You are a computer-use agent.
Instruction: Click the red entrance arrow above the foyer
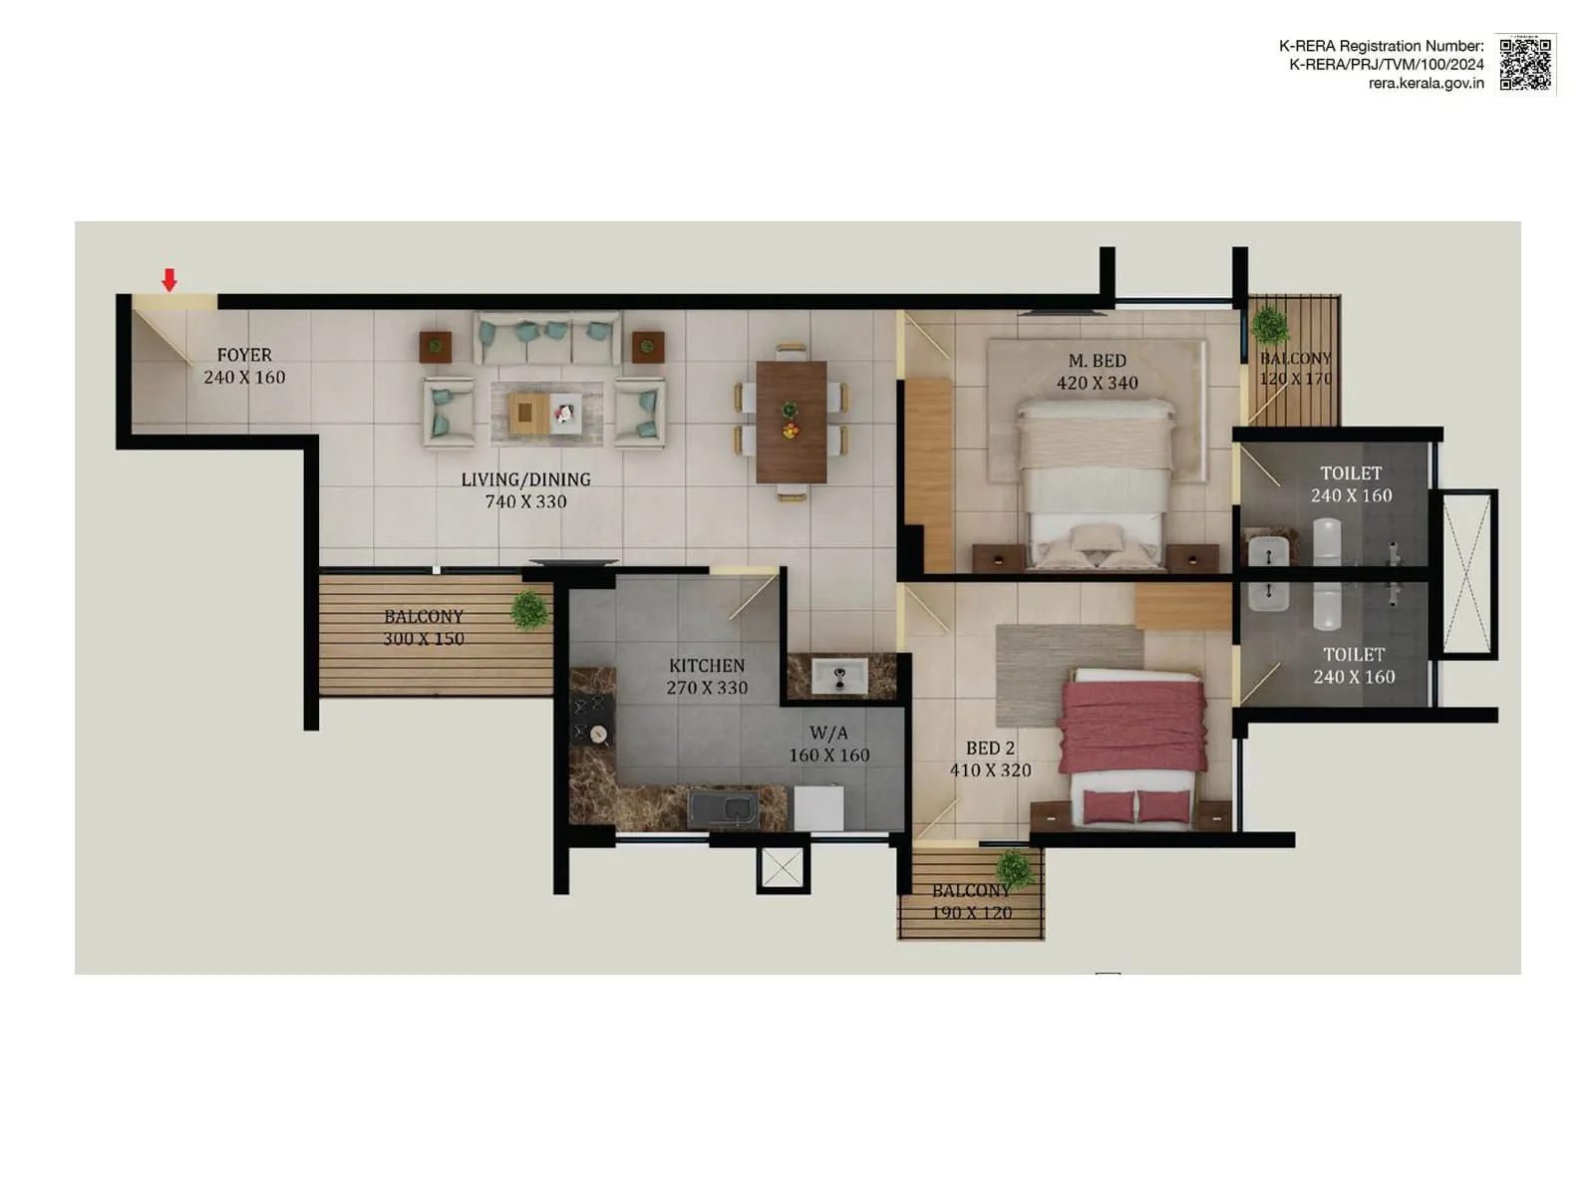169,280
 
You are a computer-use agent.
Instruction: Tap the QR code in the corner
1525,64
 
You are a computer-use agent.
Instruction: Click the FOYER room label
244,355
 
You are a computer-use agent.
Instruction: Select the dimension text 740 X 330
525,502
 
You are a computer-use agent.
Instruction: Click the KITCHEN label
707,665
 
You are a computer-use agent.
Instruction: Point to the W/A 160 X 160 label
828,745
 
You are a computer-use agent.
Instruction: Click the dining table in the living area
791,421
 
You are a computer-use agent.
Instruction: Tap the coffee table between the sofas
545,412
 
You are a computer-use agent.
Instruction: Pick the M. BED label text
1097,361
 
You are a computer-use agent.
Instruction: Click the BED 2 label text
990,747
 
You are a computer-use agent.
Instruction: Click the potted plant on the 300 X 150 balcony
529,609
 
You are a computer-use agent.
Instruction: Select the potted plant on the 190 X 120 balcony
1014,868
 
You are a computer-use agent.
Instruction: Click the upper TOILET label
1351,473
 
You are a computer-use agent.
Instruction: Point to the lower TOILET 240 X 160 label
1354,666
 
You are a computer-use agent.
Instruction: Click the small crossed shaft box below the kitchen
782,868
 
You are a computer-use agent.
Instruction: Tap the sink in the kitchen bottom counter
725,808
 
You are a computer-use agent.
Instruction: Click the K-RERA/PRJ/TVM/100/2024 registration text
1386,65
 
